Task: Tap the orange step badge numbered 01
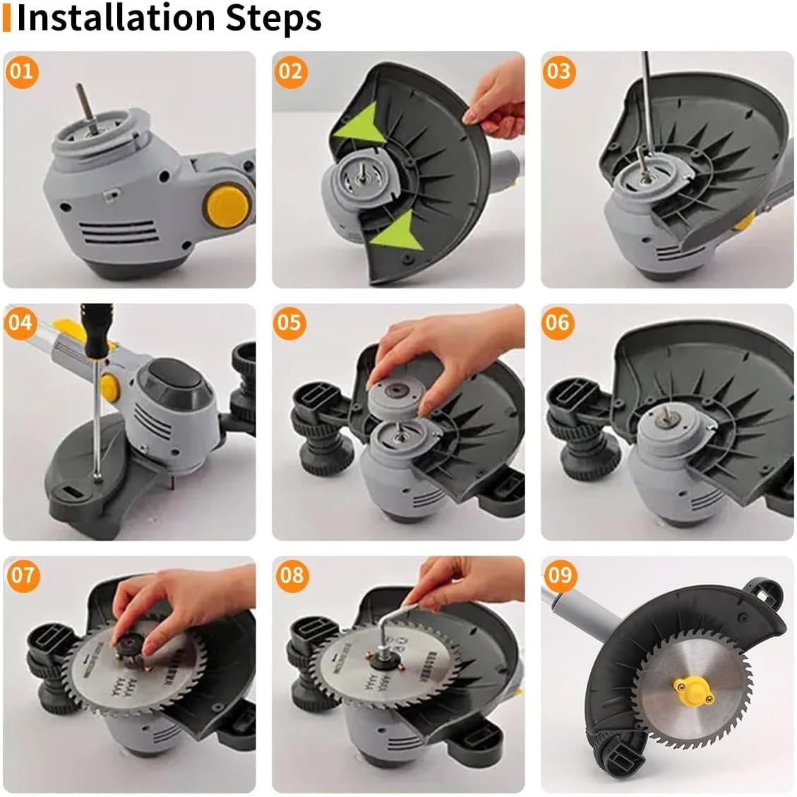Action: point(22,71)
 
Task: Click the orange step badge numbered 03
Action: point(558,71)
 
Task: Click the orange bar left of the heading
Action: point(6,19)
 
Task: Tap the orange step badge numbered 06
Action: point(558,323)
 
